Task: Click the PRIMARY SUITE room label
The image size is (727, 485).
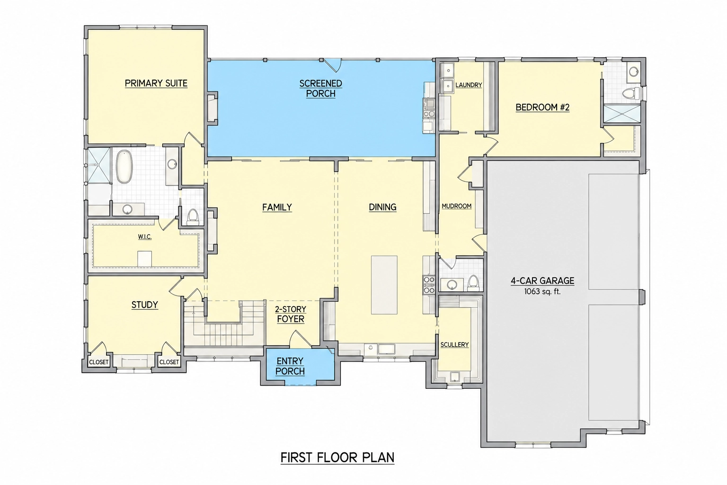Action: pos(156,83)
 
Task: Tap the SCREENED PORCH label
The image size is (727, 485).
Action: pos(320,89)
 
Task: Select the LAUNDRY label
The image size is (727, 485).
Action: pos(469,85)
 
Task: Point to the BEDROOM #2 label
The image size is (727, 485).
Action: pos(543,107)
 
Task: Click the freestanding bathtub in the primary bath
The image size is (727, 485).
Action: pos(124,167)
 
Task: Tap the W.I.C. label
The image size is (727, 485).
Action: pos(145,237)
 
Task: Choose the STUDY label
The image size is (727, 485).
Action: pos(145,305)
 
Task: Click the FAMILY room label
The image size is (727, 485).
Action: pos(277,207)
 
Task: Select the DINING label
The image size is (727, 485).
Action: pos(382,207)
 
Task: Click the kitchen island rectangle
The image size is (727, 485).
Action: pos(384,285)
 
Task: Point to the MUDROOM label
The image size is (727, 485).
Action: pos(457,207)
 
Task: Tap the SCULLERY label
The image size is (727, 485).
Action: pos(454,345)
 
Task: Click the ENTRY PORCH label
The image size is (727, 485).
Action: pos(290,366)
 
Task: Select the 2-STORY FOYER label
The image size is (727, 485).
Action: pos(291,314)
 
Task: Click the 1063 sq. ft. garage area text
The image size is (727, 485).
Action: pos(542,292)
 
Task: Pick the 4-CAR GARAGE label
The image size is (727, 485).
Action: pos(543,281)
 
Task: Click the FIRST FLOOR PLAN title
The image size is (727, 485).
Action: pos(337,458)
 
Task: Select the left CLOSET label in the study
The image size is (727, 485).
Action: pos(98,362)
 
